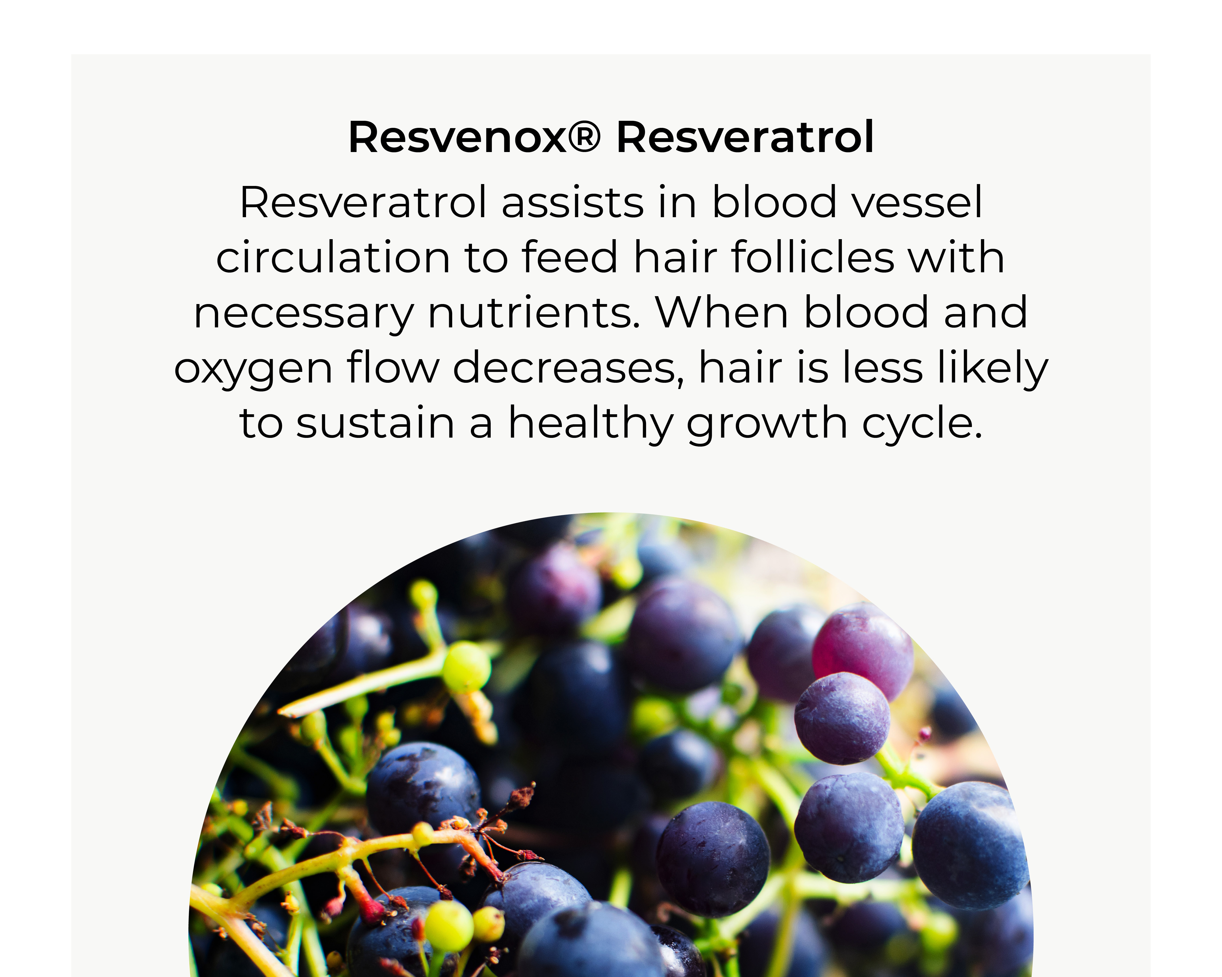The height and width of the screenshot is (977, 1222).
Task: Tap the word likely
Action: tap(993, 368)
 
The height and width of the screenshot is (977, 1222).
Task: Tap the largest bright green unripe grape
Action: tap(467, 667)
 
